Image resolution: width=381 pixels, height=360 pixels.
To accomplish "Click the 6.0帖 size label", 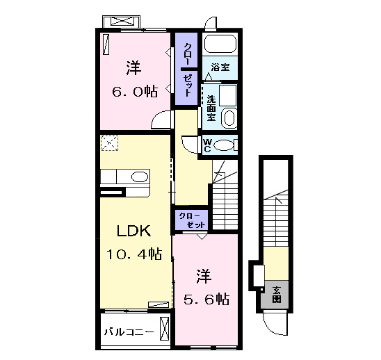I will point(135,91).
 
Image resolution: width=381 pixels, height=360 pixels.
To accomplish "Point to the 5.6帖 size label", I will point(204,299).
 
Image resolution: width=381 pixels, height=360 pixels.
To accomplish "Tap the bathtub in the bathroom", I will point(220,45).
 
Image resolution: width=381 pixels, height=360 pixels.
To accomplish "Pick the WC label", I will point(206,145).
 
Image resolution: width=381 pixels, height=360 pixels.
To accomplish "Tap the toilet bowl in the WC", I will point(225,145).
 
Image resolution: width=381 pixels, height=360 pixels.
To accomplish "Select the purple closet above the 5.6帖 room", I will point(192,220).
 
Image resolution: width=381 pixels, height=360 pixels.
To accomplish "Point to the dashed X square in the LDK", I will point(109,144).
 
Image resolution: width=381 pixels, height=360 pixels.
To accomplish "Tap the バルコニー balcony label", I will point(129,331).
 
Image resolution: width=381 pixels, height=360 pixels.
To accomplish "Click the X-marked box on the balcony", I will point(164,327).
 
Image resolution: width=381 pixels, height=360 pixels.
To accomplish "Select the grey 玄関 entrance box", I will point(276,295).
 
